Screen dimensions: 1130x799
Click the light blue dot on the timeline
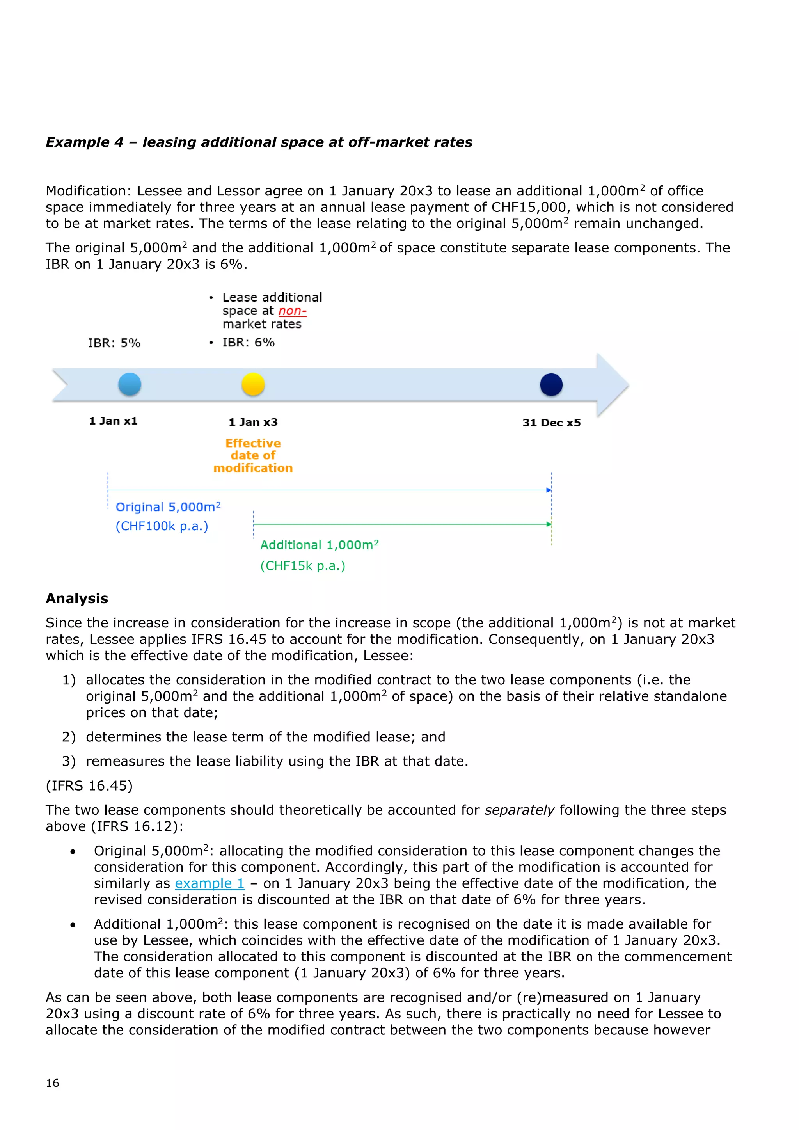[130, 384]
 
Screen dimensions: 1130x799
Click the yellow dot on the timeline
[253, 384]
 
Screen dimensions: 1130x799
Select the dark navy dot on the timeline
[551, 385]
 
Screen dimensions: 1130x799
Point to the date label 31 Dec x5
[551, 423]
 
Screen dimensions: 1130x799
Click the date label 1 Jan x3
[253, 422]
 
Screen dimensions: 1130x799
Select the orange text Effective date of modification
[253, 456]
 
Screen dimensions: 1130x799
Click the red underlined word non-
[292, 311]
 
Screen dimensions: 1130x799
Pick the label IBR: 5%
[114, 343]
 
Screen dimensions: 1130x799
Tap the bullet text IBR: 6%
[249, 343]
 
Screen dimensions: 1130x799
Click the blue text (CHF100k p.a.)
[162, 527]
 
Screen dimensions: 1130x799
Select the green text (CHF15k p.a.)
[303, 566]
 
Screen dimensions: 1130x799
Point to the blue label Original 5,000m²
[168, 507]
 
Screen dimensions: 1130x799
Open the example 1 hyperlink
[210, 883]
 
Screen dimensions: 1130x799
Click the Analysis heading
[77, 599]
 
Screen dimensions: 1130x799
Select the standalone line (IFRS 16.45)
[89, 785]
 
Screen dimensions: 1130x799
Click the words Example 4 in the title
[85, 142]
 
